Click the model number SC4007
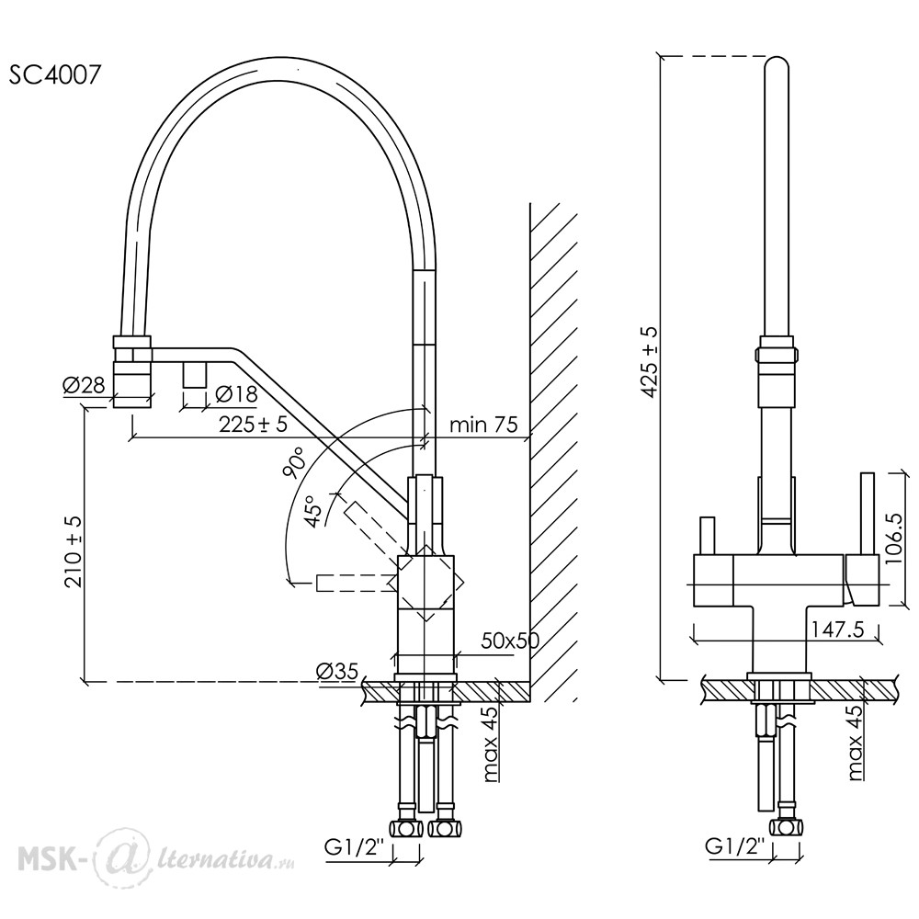tap(54, 74)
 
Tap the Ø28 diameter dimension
tap(84, 386)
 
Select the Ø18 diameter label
tap(236, 394)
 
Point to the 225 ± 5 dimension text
tap(254, 423)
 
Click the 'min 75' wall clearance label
tap(483, 424)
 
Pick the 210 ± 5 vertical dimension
tap(74, 552)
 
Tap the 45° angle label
tap(315, 509)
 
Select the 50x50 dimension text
tap(510, 641)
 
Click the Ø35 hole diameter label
tap(336, 671)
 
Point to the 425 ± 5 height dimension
tap(650, 362)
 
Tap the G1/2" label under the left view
tap(354, 847)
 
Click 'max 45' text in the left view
tap(491, 743)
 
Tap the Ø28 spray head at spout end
tap(132, 371)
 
